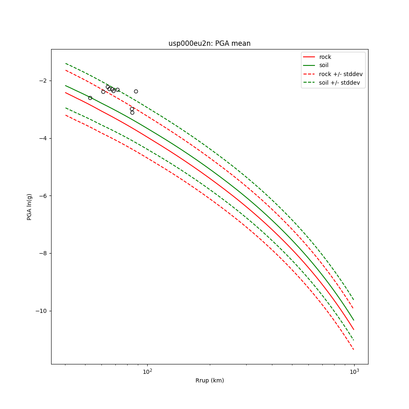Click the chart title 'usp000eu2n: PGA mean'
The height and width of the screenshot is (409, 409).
click(x=209, y=43)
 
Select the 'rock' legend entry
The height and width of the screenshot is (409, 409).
click(x=325, y=57)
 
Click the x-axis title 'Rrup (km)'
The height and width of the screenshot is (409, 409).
click(x=209, y=380)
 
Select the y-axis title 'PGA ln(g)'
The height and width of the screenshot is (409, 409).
click(x=29, y=207)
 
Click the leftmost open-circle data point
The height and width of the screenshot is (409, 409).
click(x=90, y=98)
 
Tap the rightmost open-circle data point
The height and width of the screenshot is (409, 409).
click(x=136, y=91)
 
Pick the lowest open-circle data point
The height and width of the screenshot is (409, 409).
click(x=132, y=112)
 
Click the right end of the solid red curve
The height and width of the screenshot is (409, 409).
click(x=354, y=330)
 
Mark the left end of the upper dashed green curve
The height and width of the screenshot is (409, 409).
click(x=65, y=63)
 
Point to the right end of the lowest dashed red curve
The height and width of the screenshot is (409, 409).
click(x=354, y=350)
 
